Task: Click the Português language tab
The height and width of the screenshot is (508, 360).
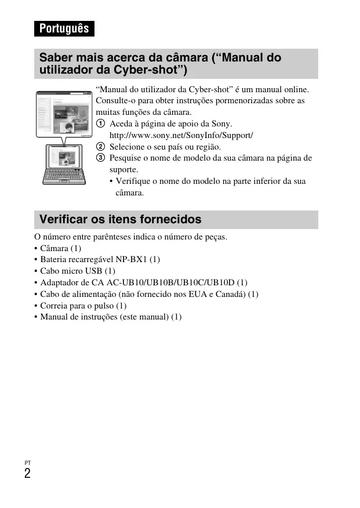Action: (x=64, y=28)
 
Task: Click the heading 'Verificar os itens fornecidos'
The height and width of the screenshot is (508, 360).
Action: (x=121, y=219)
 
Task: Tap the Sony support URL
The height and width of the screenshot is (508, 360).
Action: (x=181, y=135)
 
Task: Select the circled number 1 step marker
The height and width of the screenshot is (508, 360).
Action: (x=101, y=124)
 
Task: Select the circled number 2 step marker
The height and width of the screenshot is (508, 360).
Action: (x=101, y=147)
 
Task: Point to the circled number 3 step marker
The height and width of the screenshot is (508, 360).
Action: (x=101, y=158)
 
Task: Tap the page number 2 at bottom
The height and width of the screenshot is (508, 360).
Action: (x=28, y=474)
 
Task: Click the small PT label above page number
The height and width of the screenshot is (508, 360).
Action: (x=27, y=463)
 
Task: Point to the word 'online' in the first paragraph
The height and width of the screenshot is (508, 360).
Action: (x=296, y=90)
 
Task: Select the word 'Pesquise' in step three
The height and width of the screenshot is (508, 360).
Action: (x=126, y=158)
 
